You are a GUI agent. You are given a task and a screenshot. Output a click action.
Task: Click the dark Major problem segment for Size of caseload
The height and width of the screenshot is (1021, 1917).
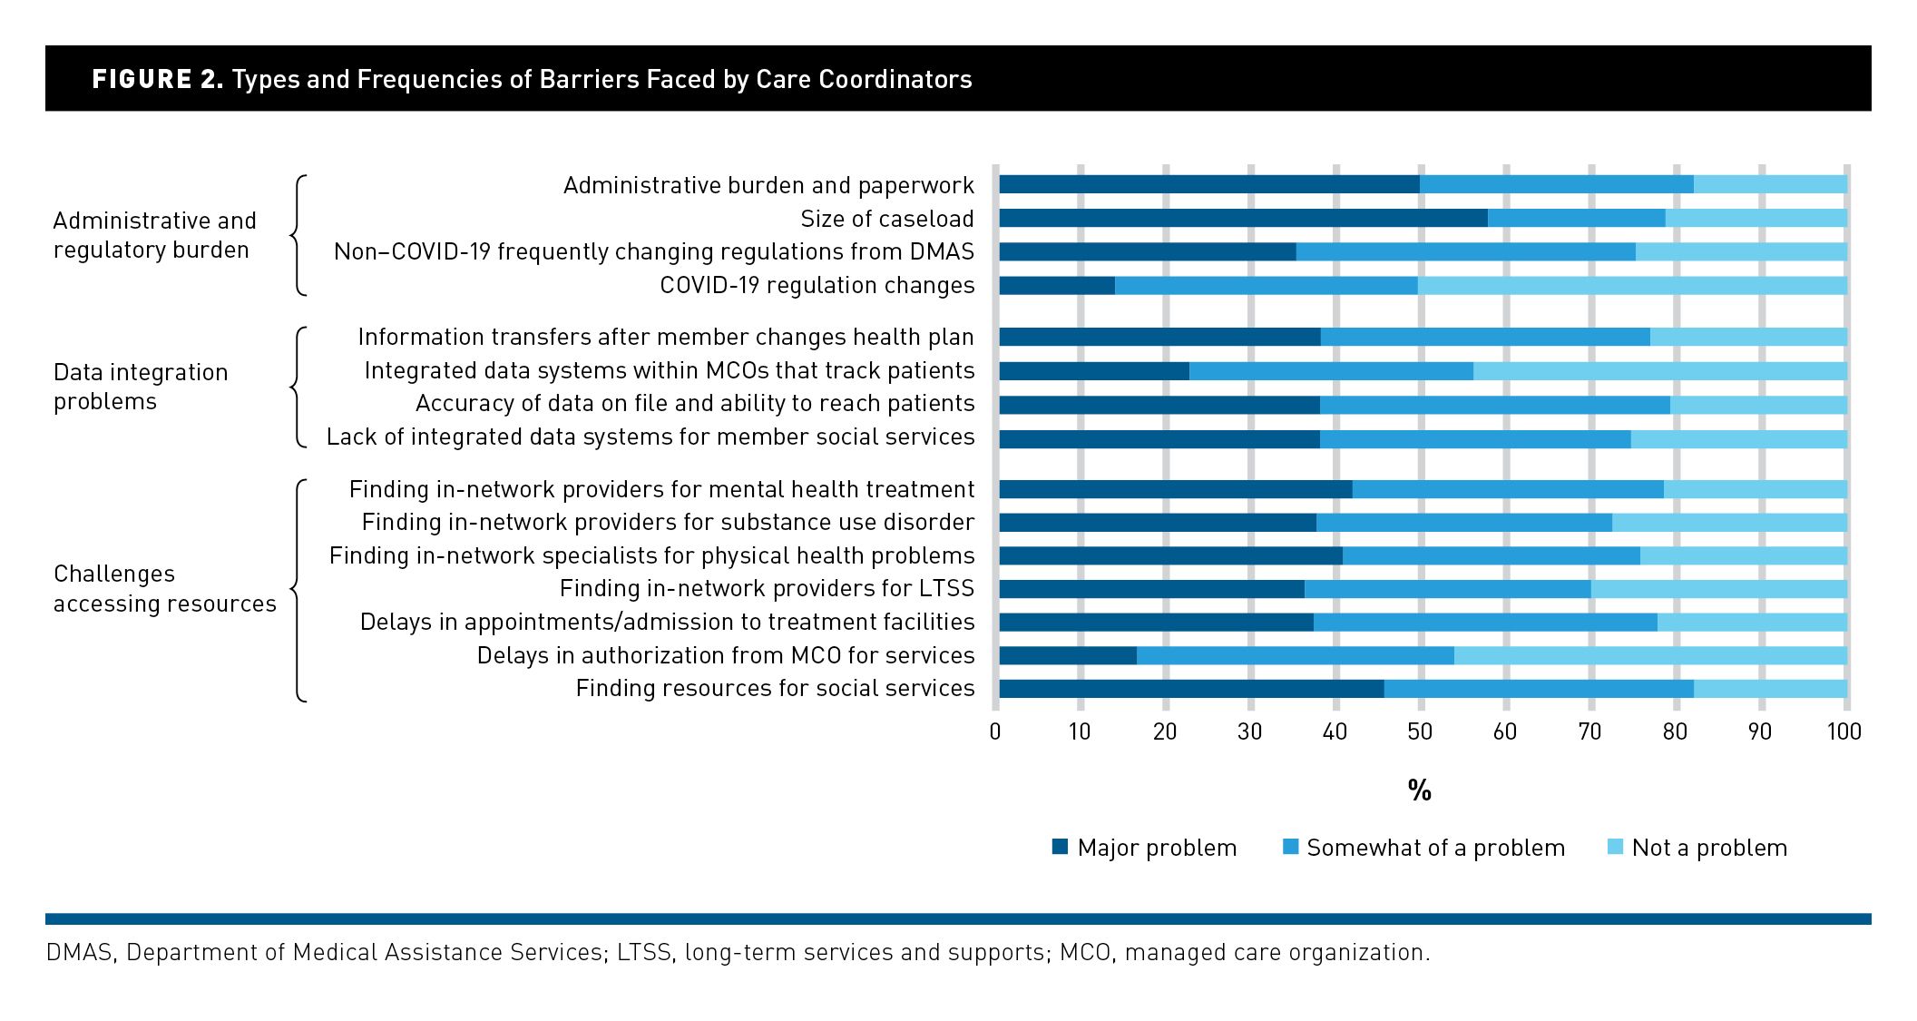1243,218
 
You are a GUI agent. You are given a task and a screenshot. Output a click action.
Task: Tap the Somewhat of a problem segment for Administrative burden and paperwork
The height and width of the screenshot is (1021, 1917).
1556,184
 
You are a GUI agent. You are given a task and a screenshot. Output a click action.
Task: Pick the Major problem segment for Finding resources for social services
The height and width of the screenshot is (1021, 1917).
1191,689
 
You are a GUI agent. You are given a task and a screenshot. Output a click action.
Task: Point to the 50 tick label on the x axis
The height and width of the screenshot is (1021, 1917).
1420,731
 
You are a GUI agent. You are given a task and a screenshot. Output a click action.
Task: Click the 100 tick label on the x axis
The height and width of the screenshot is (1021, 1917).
1844,731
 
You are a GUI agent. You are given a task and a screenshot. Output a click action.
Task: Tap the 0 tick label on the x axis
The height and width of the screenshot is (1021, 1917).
995,731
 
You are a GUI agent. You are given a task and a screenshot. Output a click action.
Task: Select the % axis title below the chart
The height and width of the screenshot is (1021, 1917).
1420,790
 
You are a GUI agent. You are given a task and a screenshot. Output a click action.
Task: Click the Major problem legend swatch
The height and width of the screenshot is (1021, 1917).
1060,847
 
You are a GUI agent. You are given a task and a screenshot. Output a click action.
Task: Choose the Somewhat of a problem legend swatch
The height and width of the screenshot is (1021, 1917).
1290,847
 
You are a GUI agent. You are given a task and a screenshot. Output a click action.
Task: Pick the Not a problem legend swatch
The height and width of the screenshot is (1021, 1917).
1615,847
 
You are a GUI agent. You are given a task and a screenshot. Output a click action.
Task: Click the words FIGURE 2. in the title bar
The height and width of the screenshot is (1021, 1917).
157,79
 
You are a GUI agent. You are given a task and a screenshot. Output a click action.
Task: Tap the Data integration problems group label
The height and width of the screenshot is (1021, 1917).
141,387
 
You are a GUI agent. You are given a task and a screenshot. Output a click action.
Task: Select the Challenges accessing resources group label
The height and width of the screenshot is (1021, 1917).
164,588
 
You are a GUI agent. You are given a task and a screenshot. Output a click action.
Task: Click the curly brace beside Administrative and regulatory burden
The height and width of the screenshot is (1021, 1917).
298,235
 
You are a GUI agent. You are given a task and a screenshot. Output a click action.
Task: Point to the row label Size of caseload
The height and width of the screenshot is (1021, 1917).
886,219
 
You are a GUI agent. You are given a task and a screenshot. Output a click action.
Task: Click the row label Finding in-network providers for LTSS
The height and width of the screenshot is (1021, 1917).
767,588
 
